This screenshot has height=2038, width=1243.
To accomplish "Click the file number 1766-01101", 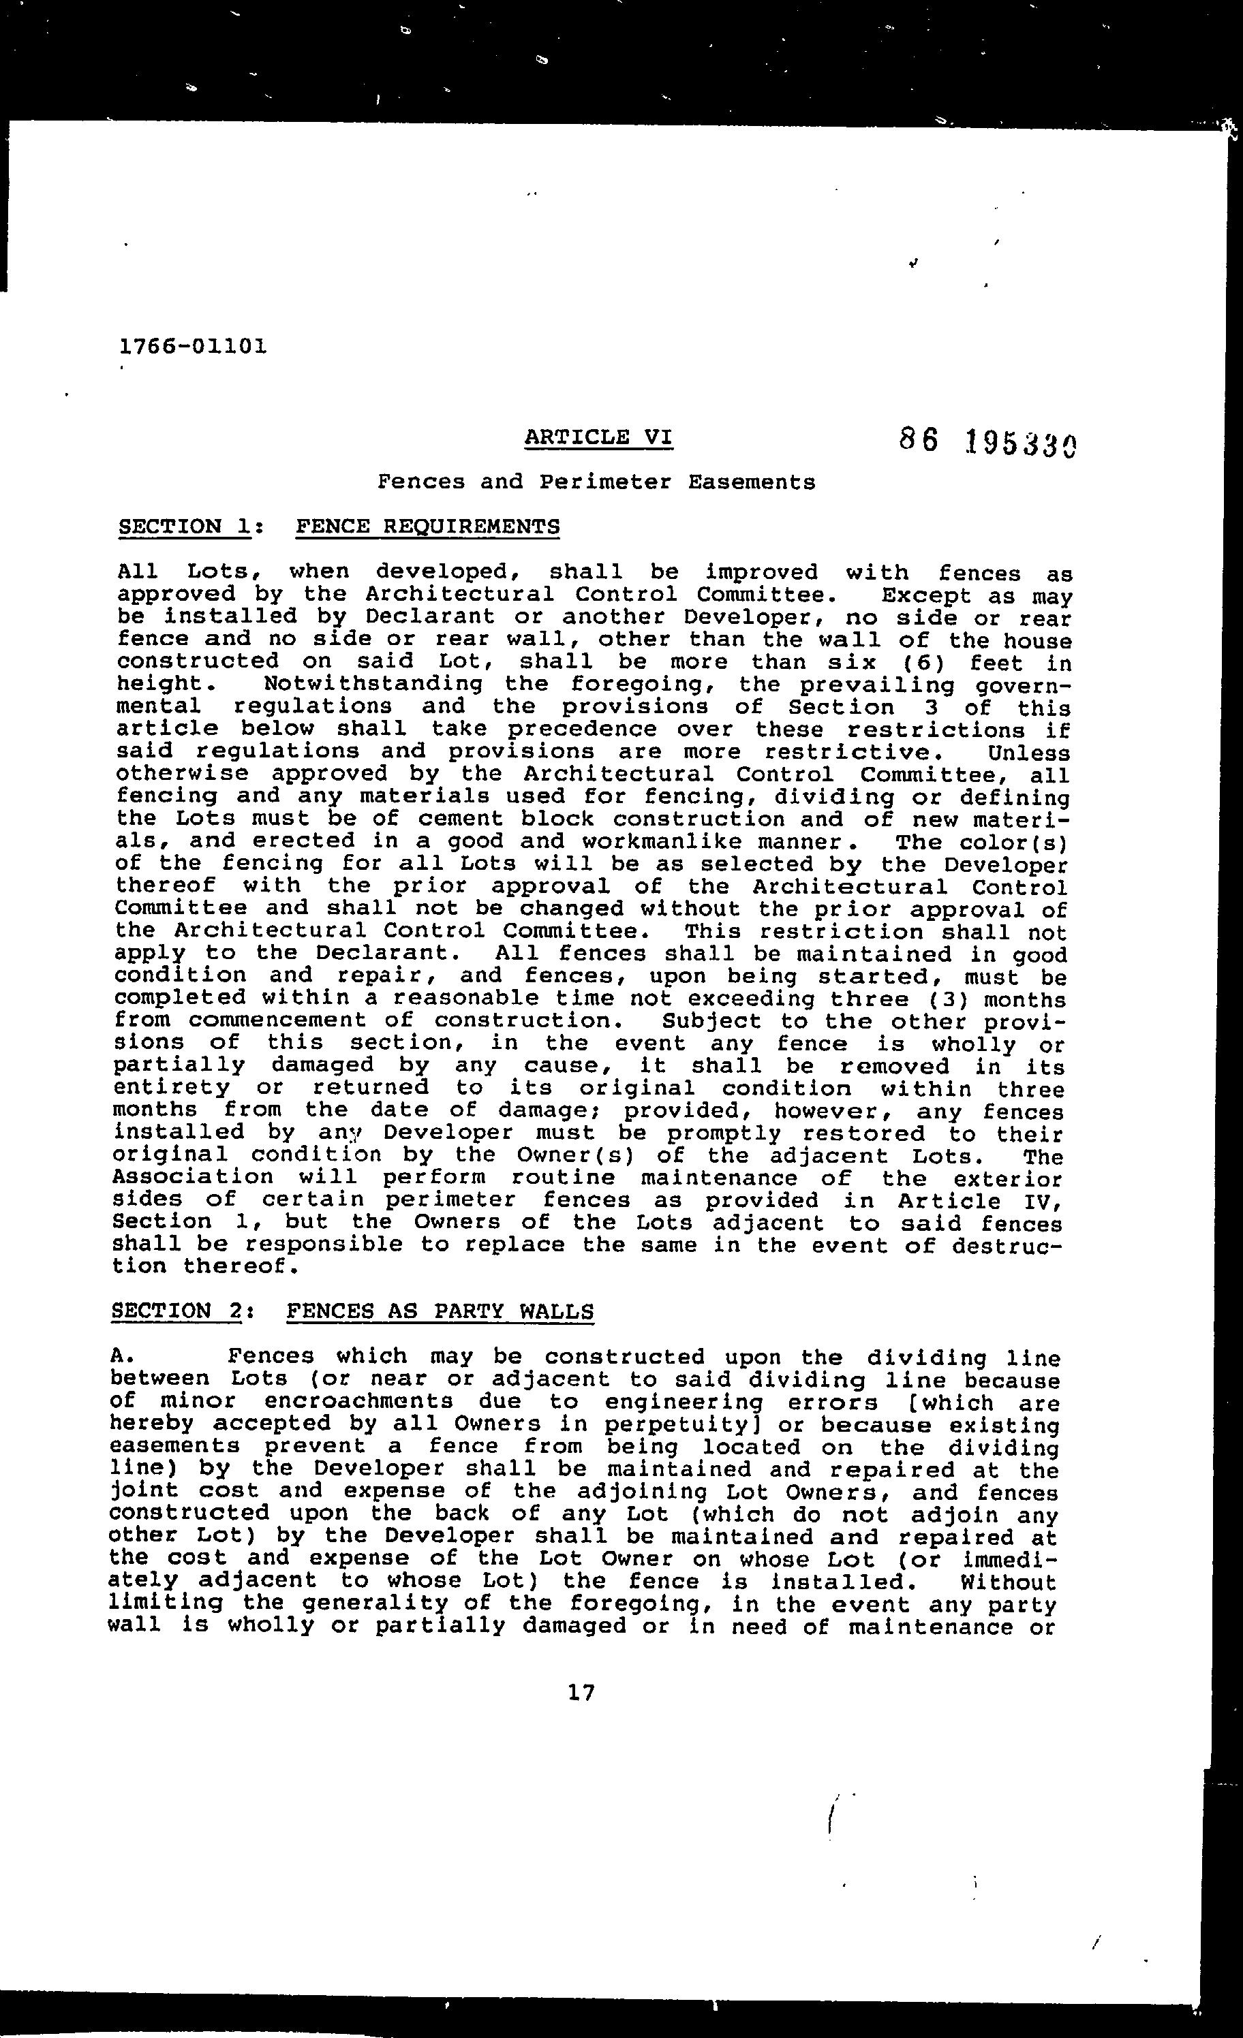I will pos(193,346).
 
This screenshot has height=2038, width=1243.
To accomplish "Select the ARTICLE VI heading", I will pos(598,437).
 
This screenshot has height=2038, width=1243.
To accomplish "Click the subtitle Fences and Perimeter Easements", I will pos(596,482).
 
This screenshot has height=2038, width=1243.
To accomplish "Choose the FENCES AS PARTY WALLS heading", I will pos(440,1312).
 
